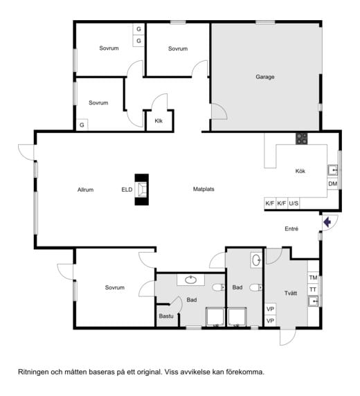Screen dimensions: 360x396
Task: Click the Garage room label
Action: click(265, 77)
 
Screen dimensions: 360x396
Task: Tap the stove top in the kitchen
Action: click(302, 138)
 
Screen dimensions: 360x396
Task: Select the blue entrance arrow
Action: click(327, 222)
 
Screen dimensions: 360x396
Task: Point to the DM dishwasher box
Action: click(333, 184)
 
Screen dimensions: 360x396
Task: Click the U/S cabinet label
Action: click(294, 204)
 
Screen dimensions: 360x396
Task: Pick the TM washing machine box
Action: click(313, 278)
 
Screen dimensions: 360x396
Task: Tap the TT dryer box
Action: click(313, 289)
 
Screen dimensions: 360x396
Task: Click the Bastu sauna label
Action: click(166, 316)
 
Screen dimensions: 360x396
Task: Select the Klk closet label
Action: click(159, 121)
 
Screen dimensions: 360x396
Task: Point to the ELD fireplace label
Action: click(127, 190)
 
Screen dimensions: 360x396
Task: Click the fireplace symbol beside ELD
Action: click(142, 190)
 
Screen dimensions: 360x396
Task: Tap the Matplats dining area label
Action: click(204, 189)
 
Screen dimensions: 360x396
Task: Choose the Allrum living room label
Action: click(85, 190)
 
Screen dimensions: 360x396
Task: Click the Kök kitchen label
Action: click(300, 171)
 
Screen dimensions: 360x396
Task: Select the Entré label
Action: click(291, 228)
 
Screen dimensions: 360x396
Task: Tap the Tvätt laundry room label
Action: click(291, 294)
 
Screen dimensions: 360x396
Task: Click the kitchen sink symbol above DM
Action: click(333, 170)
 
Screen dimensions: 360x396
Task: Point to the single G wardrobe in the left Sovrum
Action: click(82, 125)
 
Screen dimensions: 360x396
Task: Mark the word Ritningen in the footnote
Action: click(33, 372)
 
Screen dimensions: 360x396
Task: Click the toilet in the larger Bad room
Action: click(219, 287)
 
